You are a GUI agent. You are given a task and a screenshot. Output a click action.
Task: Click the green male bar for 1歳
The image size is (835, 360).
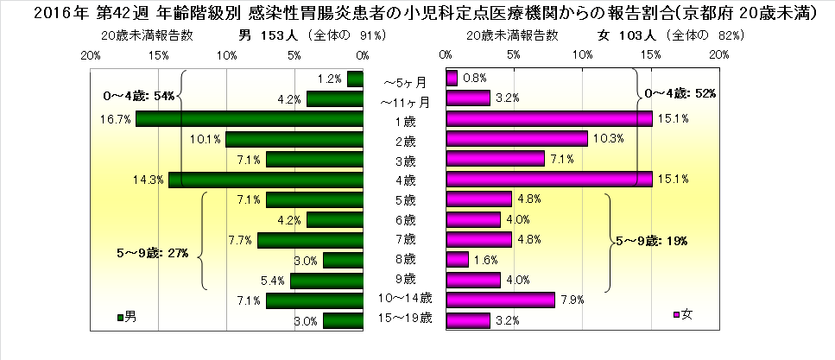pyautogui.click(x=249, y=119)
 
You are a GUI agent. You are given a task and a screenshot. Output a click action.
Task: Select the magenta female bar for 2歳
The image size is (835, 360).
pyautogui.click(x=516, y=139)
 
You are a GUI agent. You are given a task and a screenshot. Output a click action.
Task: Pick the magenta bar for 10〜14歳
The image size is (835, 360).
pyautogui.click(x=500, y=300)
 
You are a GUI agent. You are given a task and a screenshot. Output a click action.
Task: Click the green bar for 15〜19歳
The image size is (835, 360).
pyautogui.click(x=343, y=320)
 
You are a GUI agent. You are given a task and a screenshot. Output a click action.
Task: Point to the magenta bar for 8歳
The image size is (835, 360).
pyautogui.click(x=457, y=259)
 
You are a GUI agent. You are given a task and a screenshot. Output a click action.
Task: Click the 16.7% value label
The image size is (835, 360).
pyautogui.click(x=115, y=119)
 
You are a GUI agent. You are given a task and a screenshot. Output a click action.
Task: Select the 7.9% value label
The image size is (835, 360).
pyautogui.click(x=572, y=300)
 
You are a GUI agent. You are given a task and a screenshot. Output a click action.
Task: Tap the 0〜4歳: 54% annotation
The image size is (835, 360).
pyautogui.click(x=139, y=95)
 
